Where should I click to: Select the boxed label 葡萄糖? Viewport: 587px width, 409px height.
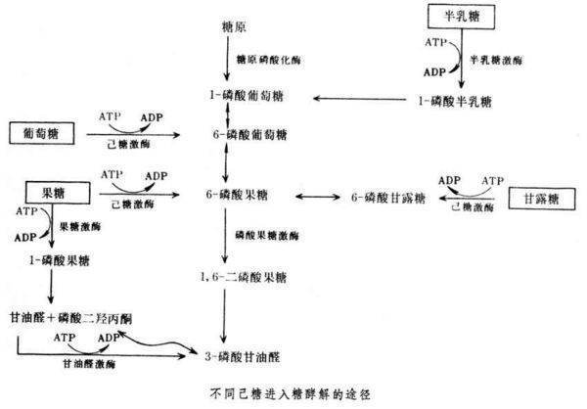click(41, 131)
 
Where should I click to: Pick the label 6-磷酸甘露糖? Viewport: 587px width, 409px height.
click(388, 198)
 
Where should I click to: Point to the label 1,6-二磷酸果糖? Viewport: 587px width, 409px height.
click(242, 278)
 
